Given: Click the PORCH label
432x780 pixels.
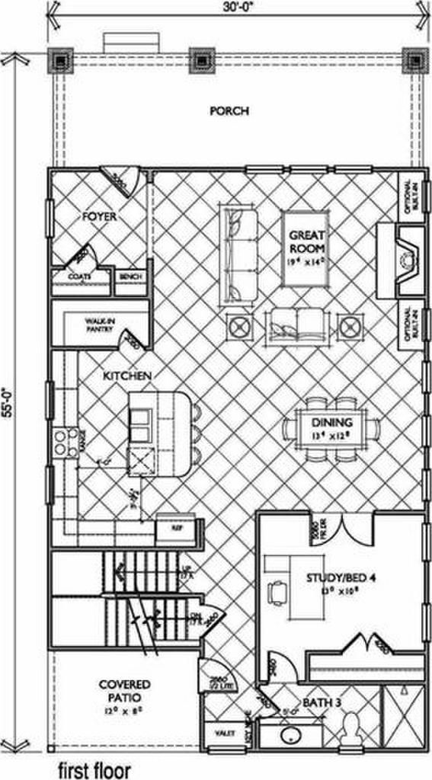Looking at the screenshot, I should pos(229,111).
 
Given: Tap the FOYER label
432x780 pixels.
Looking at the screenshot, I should pos(99,217).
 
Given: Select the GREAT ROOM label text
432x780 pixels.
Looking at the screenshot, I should pos(308,242).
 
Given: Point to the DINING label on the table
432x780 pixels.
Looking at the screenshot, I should pos(331,423).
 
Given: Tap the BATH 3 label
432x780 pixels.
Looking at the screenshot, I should pos(321,701).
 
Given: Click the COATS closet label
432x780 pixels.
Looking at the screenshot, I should pos(80,277).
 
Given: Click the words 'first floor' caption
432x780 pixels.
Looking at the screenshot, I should pos(94,769).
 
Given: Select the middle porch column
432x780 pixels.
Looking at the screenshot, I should pos(200,60).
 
